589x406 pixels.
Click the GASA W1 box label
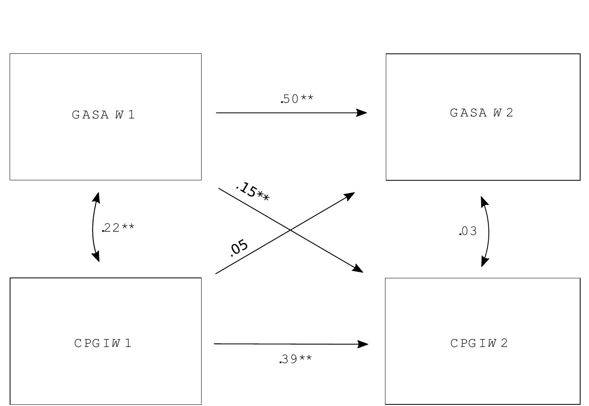pos(103,115)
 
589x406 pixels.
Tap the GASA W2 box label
pos(481,113)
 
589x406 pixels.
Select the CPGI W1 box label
pos(103,343)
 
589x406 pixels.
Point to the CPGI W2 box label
pos(479,343)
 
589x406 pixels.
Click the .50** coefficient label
pos(297,99)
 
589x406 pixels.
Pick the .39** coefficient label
pos(296,359)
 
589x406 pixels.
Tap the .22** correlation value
pos(118,228)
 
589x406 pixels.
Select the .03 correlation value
pos(468,231)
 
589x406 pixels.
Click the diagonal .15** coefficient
pos(252,192)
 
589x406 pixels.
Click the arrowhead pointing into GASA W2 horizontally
pos(362,113)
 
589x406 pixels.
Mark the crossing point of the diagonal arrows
pos(290,230)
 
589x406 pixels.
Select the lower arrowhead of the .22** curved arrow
pos(96,257)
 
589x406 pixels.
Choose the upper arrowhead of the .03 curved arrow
pos(484,201)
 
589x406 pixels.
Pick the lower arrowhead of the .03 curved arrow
pos(484,262)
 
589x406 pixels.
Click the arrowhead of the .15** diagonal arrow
pos(358,269)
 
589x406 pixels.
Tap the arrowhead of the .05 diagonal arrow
pos(350,195)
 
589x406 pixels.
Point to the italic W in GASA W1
pos(119,115)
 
